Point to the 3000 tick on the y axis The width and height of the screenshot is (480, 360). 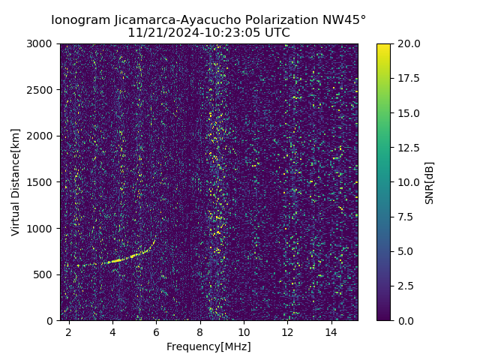tap(43, 44)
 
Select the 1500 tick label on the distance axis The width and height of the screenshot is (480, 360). tap(43, 182)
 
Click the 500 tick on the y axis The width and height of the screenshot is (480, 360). tap(46, 274)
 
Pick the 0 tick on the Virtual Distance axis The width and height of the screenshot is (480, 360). tap(52, 320)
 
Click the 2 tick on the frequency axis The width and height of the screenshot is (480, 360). tap(69, 331)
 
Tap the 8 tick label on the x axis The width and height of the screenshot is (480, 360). tap(200, 331)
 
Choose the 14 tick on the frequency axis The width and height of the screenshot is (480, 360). tap(331, 331)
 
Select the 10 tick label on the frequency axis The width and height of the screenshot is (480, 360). tap(244, 331)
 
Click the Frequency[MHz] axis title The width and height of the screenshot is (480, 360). tap(208, 346)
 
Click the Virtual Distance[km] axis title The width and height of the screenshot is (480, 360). tap(16, 182)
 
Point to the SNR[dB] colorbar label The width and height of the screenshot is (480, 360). tap(429, 182)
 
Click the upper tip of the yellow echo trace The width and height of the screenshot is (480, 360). tap(154, 241)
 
